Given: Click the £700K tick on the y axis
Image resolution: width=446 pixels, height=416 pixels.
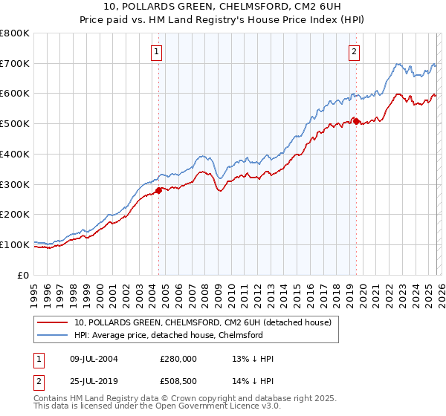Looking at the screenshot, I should coord(15,63).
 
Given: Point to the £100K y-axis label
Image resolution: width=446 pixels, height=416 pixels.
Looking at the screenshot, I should coord(15,244).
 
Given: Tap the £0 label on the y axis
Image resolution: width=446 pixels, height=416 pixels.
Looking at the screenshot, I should coord(24,275).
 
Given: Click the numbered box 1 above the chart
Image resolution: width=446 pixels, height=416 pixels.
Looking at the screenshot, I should coord(158,51).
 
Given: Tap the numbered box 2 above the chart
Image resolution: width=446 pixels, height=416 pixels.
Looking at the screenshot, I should coord(354,51).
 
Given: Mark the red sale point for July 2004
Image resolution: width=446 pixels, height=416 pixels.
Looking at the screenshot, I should coord(158,190).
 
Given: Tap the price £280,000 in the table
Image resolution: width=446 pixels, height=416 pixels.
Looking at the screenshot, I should coord(179,358).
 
